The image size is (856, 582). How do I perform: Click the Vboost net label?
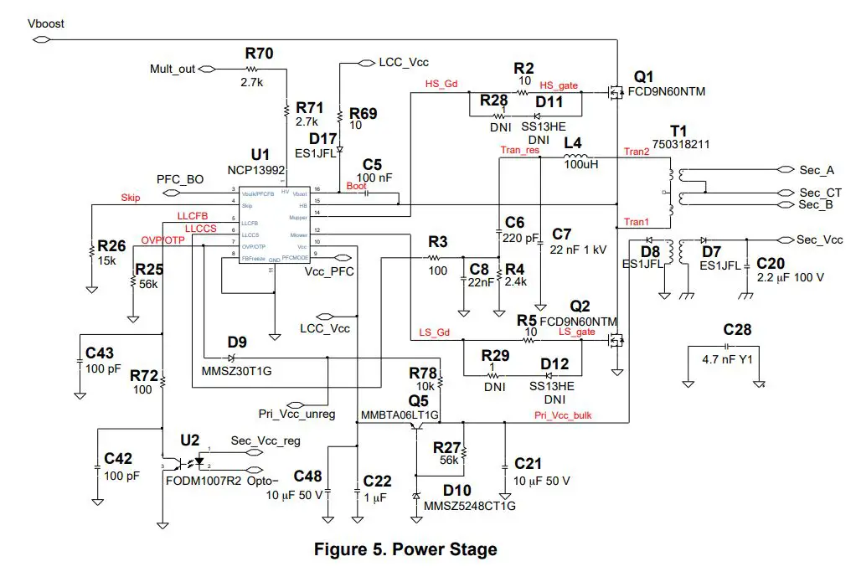(x=46, y=23)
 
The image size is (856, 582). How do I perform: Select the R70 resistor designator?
(x=260, y=54)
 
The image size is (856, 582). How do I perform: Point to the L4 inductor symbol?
(x=574, y=156)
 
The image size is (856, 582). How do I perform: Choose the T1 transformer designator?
(x=678, y=130)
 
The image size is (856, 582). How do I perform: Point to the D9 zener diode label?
(x=237, y=342)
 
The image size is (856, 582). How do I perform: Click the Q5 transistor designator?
(x=419, y=400)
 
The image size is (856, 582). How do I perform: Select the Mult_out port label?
(x=173, y=69)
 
